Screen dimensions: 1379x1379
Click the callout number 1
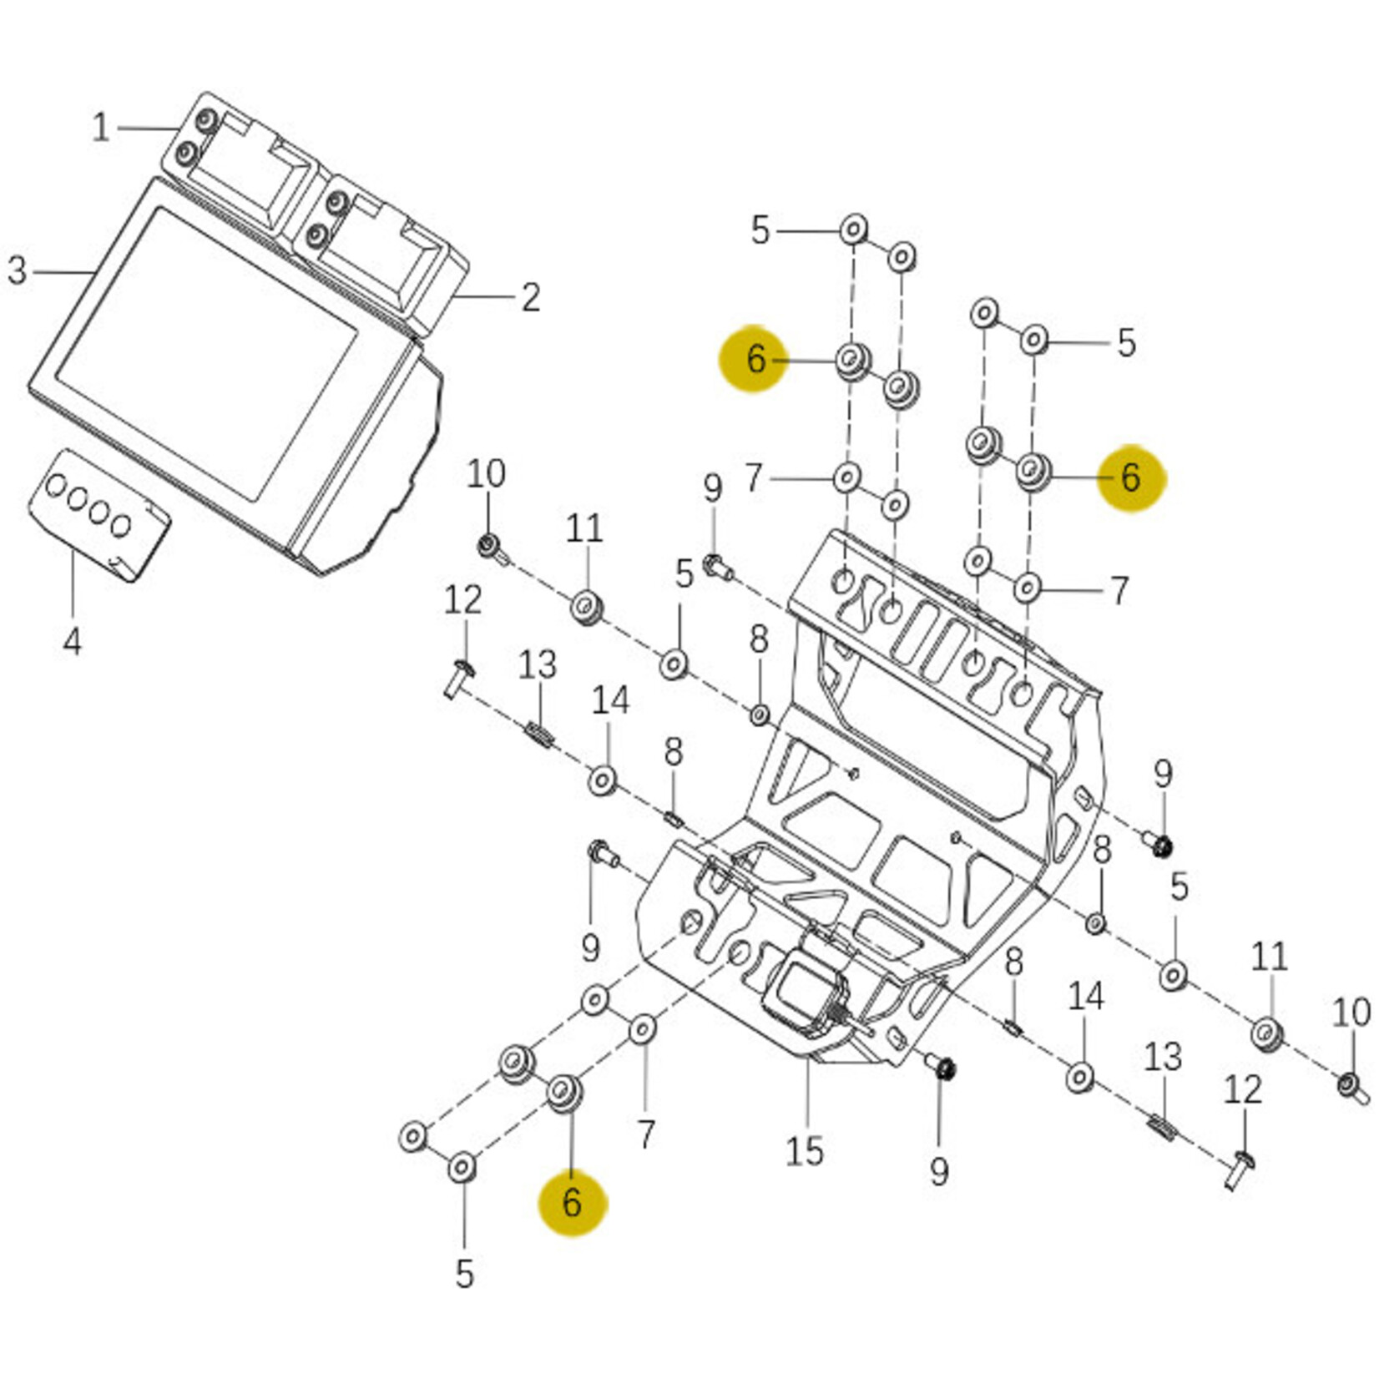[101, 128]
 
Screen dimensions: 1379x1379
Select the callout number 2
[531, 297]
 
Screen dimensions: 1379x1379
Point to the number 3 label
[18, 270]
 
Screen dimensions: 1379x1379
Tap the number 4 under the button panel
[73, 641]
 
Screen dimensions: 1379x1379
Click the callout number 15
[804, 1151]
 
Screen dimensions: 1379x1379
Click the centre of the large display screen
[207, 353]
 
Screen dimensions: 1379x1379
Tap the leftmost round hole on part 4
[57, 485]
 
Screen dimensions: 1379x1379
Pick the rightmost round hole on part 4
[122, 525]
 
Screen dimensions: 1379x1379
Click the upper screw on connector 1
[205, 123]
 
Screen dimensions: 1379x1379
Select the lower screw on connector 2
[316, 235]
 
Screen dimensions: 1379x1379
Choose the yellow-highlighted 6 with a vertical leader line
[572, 1202]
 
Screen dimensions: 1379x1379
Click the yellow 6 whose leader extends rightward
[755, 359]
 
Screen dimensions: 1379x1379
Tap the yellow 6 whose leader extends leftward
[1130, 477]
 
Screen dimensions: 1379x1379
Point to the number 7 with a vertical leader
[646, 1134]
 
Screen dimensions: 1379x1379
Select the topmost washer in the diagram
[853, 228]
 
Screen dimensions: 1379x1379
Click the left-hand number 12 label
[462, 599]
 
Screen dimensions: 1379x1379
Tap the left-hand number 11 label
[583, 528]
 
